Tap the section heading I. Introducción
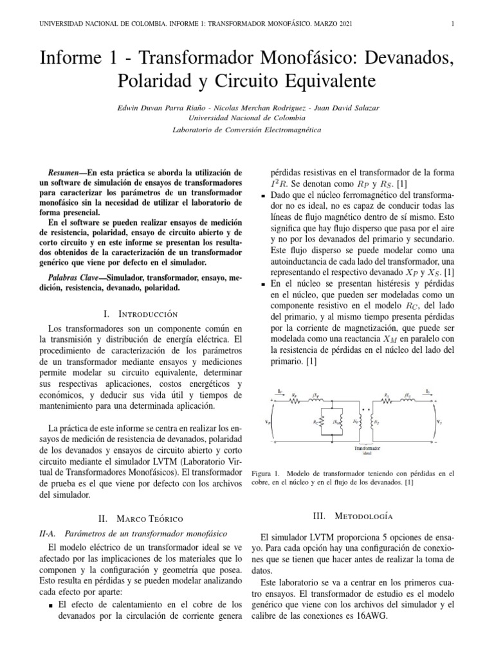click(140, 314)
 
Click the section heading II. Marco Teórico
click(140, 518)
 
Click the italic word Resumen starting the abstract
click(64, 173)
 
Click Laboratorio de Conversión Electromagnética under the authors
click(247, 130)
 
